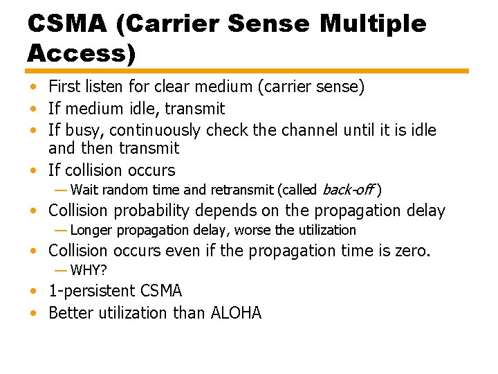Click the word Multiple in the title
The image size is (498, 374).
point(374,24)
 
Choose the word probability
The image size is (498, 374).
point(152,211)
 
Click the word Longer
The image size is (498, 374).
point(91,230)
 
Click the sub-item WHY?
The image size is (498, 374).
point(89,270)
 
